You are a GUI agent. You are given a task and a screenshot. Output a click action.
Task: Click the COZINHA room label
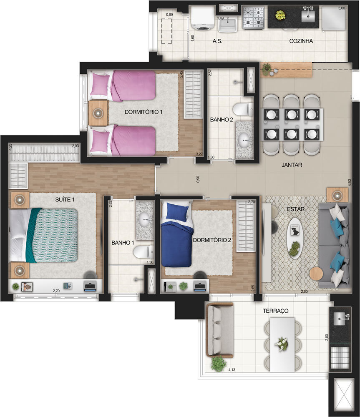point(301,41)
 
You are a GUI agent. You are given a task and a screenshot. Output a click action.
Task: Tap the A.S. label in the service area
point(217,41)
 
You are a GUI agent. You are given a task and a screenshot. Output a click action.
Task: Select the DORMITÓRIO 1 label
point(143,112)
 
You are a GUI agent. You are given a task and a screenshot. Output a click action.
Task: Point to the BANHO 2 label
point(222,119)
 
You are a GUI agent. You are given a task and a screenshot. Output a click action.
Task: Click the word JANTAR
point(292,165)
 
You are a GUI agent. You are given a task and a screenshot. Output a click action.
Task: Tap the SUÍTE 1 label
point(65,200)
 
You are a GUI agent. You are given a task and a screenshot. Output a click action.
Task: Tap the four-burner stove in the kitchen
point(254,18)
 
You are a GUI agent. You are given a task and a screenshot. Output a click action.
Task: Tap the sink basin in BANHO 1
point(145,217)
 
